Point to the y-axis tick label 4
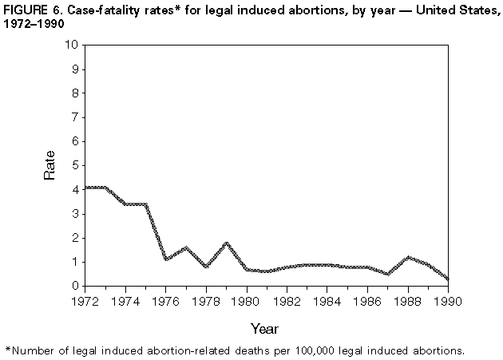[73, 189]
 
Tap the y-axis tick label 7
[73, 117]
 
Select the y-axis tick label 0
[73, 286]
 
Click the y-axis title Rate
[50, 165]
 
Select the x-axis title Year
[266, 327]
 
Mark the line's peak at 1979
[226, 243]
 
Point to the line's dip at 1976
[165, 259]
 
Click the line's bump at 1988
[409, 257]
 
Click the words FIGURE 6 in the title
[34, 9]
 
